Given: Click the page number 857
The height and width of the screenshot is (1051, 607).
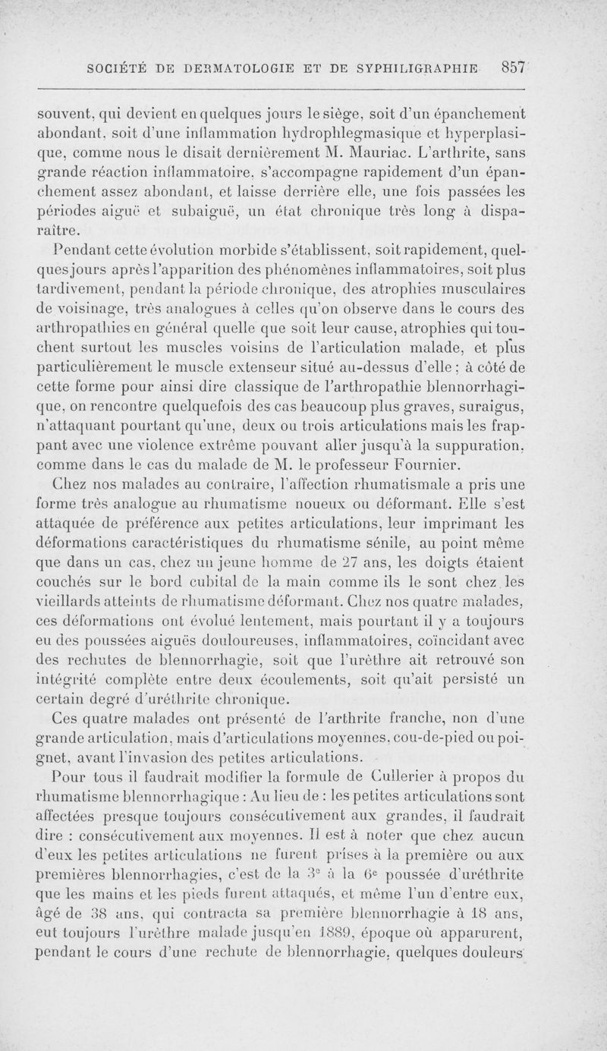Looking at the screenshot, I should point(513,66).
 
